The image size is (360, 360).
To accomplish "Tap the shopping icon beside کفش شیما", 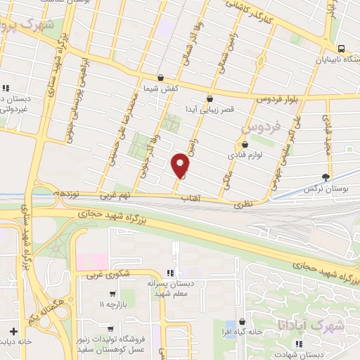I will point(161,78).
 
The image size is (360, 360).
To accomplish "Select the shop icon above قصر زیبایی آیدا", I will point(210,99).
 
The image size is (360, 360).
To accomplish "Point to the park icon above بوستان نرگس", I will point(326,177).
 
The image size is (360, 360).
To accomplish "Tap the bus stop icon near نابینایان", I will point(340,49).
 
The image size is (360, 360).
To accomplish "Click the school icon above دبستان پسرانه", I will point(169,272).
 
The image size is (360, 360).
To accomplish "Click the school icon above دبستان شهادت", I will point(299,344).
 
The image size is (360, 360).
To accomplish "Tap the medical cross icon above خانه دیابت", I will point(13,330).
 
